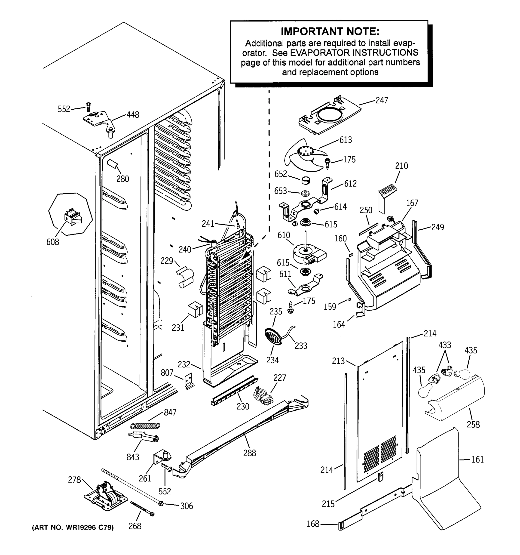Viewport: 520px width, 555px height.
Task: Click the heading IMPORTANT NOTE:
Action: [x=330, y=31]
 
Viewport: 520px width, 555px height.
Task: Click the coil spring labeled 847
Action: [x=145, y=426]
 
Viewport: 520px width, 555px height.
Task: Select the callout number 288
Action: [x=249, y=453]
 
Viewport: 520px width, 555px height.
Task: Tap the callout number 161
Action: [x=477, y=459]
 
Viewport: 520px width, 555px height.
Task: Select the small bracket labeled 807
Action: [x=189, y=381]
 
